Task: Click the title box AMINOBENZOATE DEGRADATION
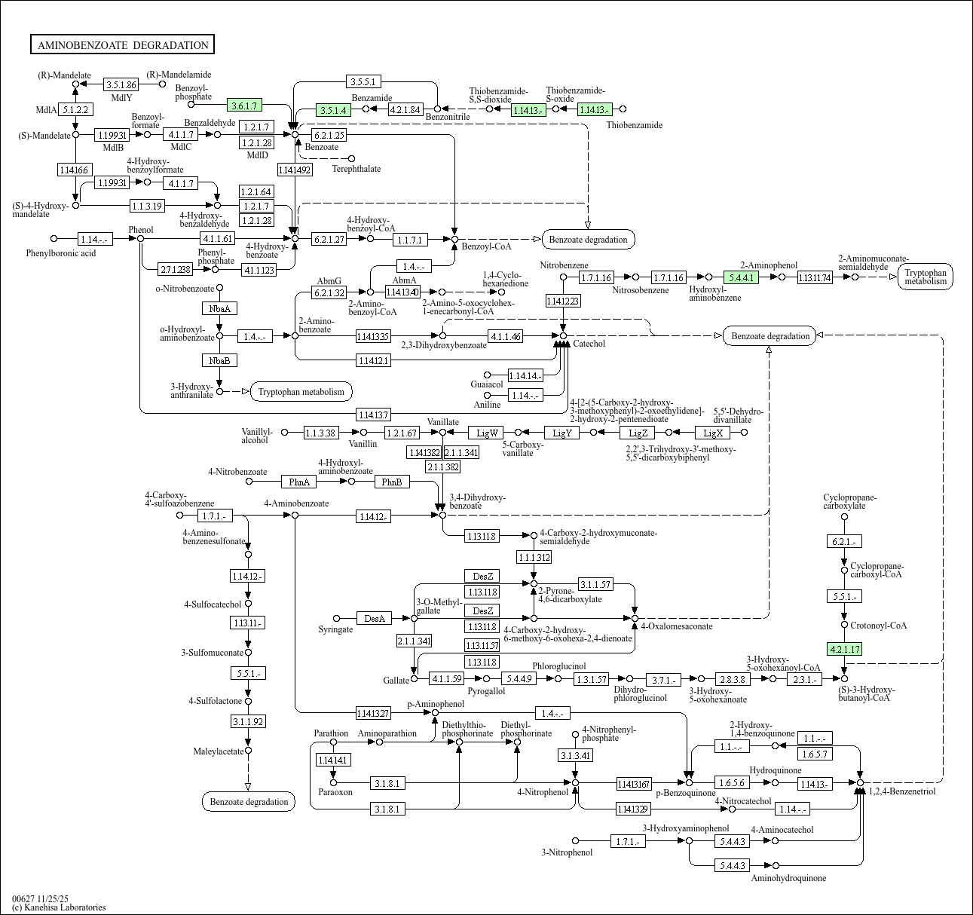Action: [123, 45]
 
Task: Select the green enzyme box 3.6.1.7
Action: [245, 106]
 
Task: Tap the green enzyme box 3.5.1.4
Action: [334, 110]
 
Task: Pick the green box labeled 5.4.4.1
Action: [740, 277]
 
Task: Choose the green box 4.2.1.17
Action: [844, 649]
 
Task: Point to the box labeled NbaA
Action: [219, 308]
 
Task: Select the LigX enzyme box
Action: [713, 433]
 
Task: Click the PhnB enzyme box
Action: [391, 482]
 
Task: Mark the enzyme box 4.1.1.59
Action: [446, 679]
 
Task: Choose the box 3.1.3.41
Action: [576, 755]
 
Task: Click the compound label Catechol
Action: [589, 344]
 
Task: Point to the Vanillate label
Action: [442, 422]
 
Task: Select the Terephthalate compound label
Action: [356, 169]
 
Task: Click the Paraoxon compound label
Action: [335, 792]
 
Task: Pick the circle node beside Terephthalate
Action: [352, 158]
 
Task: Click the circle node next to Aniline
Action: [488, 395]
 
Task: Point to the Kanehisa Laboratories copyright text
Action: [59, 907]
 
